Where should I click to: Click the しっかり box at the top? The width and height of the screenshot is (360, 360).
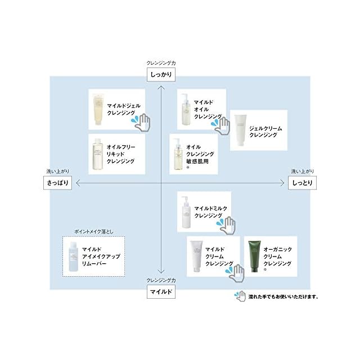pos(160,74)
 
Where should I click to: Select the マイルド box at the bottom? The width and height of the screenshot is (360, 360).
pos(160,292)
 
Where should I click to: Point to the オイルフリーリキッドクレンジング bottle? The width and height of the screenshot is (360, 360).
pos(99,154)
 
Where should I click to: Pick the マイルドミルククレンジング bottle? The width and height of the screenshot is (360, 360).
pos(186,210)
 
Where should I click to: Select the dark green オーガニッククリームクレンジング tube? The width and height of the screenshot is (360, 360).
pos(255,256)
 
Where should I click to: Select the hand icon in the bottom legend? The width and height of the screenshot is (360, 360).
pos(239,296)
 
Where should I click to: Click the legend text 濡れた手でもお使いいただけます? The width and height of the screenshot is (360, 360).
pos(283,296)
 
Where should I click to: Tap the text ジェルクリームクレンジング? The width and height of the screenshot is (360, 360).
pos(265,132)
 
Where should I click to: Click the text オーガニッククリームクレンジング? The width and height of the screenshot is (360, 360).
pos(278,255)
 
